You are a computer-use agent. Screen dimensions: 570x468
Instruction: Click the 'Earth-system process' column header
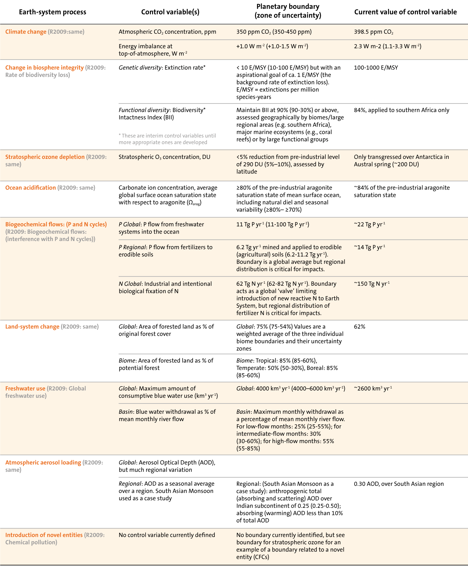click(x=53, y=12)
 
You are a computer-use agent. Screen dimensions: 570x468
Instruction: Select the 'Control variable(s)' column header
click(x=170, y=12)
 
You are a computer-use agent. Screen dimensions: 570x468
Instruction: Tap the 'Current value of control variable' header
click(x=405, y=12)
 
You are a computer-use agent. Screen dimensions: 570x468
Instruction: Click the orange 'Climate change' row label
click(x=26, y=32)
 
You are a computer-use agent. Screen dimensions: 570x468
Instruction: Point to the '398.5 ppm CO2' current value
click(x=373, y=32)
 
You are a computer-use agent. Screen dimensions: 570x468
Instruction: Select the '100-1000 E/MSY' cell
click(x=376, y=68)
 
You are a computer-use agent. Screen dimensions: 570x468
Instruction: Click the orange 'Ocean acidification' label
click(x=30, y=188)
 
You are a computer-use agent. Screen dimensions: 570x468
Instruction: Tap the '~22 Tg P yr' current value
click(x=369, y=224)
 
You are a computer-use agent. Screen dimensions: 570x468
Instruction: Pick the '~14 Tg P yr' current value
click(x=369, y=247)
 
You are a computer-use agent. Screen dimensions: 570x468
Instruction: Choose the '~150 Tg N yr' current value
click(x=371, y=284)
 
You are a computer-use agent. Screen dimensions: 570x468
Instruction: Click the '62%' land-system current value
click(x=359, y=327)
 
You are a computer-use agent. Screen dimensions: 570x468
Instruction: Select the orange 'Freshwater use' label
click(x=25, y=388)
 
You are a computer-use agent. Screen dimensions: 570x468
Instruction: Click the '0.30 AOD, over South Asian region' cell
click(x=399, y=484)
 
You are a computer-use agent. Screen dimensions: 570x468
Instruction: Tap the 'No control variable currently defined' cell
click(x=167, y=535)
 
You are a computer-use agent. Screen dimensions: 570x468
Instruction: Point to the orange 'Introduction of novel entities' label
click(x=44, y=535)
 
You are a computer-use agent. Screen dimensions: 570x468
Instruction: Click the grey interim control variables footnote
click(x=167, y=139)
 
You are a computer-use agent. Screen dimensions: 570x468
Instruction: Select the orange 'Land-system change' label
click(x=32, y=327)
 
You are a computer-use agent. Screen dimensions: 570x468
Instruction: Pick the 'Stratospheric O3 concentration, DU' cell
click(x=164, y=157)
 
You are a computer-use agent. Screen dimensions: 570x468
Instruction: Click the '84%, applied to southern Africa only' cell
click(x=401, y=110)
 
